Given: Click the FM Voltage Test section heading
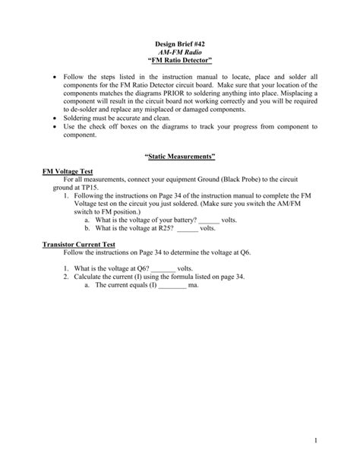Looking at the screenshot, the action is coord(67,173).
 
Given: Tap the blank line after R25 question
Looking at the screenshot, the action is coord(187,226).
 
